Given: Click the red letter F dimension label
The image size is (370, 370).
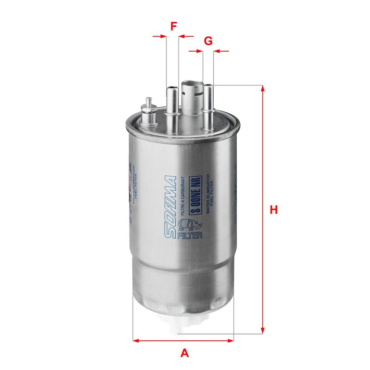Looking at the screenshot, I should click(173, 26).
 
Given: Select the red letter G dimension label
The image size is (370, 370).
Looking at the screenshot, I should click(208, 41).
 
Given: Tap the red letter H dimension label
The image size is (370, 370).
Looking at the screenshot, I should click(274, 210).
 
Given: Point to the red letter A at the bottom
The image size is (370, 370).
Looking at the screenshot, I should click(185, 353).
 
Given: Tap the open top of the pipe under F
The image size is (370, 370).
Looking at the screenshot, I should click(172, 87).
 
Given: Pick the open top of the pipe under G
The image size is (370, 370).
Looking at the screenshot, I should click(208, 86).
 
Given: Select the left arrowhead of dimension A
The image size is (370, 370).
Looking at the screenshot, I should click(136, 341).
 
